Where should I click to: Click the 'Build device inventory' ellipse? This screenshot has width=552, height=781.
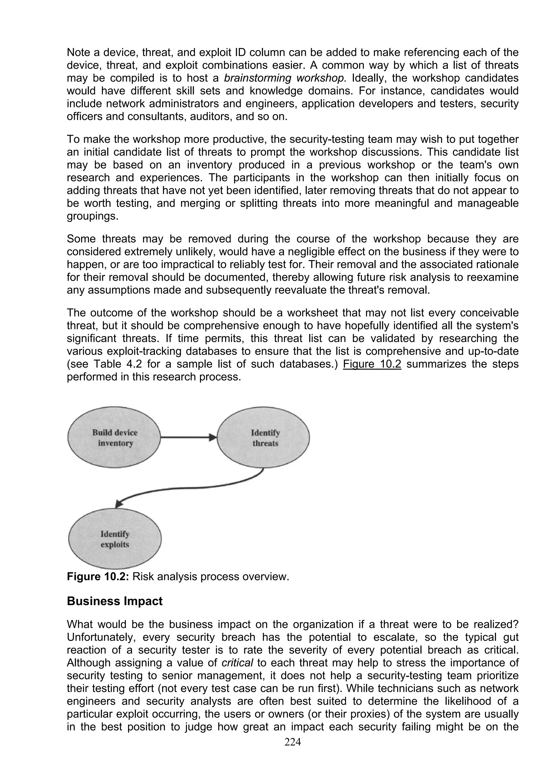(x=114, y=437)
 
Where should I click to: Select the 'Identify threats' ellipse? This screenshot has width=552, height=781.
(x=264, y=437)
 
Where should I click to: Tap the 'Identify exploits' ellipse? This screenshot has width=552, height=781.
(x=115, y=539)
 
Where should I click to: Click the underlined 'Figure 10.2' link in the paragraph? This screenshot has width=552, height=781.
(x=372, y=364)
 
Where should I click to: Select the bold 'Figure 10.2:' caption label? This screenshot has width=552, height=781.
(x=98, y=576)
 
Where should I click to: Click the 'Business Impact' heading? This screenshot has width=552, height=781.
(x=115, y=601)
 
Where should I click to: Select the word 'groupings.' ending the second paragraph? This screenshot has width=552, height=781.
(x=92, y=216)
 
